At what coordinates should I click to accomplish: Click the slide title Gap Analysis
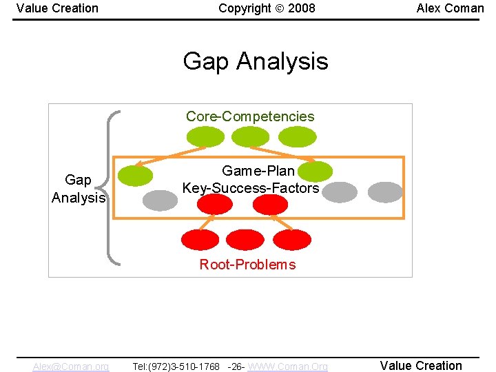click(256, 61)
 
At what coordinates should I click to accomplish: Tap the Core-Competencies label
click(250, 116)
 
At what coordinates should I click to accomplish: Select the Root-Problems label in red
click(247, 265)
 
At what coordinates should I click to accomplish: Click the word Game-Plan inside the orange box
click(258, 170)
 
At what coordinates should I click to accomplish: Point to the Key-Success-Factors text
click(251, 188)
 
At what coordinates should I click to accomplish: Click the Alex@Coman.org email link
click(70, 366)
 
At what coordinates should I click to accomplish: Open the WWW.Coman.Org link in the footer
click(287, 366)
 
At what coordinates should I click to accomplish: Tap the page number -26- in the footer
click(235, 366)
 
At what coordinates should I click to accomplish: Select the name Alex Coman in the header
click(450, 8)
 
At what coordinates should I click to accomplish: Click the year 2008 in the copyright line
click(302, 8)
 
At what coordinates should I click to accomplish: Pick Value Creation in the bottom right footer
click(421, 366)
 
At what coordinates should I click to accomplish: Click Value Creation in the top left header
click(57, 8)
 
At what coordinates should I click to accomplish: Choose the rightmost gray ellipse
click(385, 192)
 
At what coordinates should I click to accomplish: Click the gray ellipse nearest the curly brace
click(160, 200)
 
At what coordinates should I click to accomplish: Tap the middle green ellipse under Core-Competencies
click(250, 136)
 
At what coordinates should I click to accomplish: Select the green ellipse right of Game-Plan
click(317, 172)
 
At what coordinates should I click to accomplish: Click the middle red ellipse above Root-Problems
click(245, 239)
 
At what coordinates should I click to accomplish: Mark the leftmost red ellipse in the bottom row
click(199, 239)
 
